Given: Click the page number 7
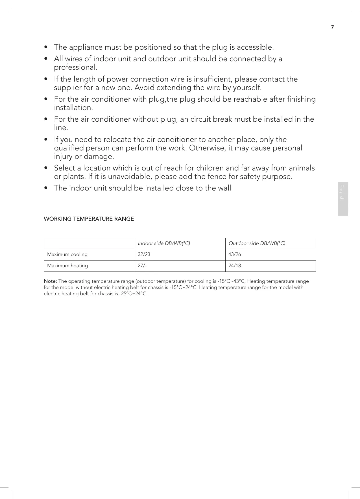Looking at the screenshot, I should (x=332, y=27).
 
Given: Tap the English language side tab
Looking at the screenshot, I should (x=342, y=198).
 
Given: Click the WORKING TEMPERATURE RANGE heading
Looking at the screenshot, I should (x=89, y=219).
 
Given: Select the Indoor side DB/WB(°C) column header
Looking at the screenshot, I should (x=164, y=243).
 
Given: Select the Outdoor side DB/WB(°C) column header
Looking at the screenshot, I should (x=257, y=243).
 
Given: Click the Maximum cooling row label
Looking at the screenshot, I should (x=67, y=254).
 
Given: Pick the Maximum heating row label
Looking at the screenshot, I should (x=67, y=266).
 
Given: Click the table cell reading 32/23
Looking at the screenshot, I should (x=144, y=254).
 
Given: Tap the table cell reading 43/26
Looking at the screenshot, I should (x=235, y=254).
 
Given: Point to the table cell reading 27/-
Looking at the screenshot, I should (x=142, y=266).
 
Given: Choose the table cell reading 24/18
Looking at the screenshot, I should (x=235, y=266).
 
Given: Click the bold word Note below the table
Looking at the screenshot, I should (x=50, y=281).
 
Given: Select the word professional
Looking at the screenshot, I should (x=75, y=67).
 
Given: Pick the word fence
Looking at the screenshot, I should (x=225, y=177).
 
